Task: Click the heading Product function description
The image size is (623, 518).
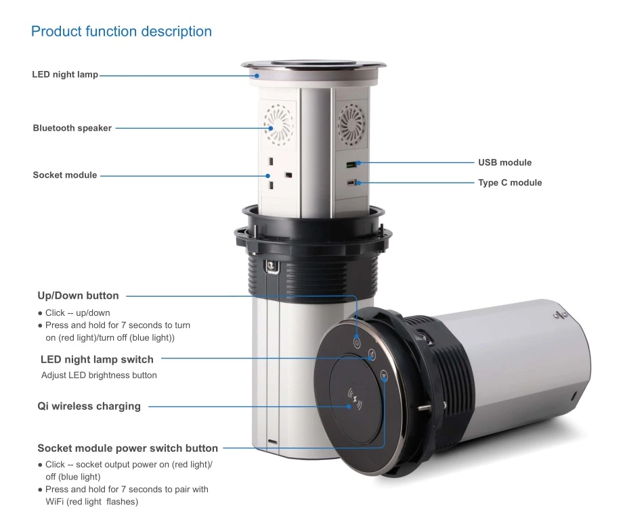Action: click(x=121, y=31)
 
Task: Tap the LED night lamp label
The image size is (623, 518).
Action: click(x=65, y=74)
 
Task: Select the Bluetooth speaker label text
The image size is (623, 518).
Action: click(x=72, y=128)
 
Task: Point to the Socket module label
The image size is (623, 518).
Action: click(x=65, y=175)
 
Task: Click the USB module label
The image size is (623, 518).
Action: click(x=504, y=162)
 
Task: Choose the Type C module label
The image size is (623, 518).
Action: click(x=510, y=183)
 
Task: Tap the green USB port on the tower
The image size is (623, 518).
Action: click(x=351, y=164)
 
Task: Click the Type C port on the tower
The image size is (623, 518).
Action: click(x=351, y=183)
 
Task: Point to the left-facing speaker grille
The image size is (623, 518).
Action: click(x=278, y=124)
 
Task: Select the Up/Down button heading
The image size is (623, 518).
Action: click(x=78, y=296)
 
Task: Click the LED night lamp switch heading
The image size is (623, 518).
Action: click(x=97, y=359)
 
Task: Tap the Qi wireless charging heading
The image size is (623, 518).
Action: click(x=89, y=406)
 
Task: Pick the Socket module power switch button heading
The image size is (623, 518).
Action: click(x=127, y=448)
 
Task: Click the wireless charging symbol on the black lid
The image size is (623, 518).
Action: click(x=355, y=399)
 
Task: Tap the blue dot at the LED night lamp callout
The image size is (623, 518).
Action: click(x=257, y=75)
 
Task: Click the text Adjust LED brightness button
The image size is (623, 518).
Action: click(x=99, y=375)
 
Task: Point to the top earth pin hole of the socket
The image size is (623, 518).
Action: click(x=272, y=162)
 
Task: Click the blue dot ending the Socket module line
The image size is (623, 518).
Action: click(x=267, y=176)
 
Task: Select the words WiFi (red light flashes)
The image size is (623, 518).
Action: click(x=92, y=502)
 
